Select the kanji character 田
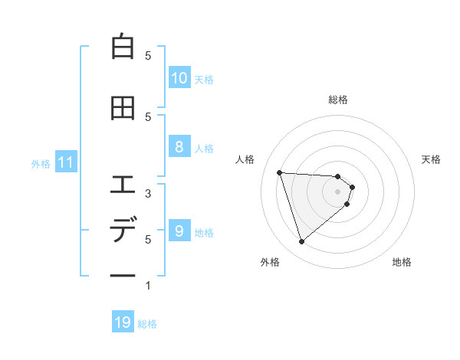[x=123, y=108]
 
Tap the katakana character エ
[x=123, y=185]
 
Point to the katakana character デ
[x=123, y=230]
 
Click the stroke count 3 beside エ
[x=148, y=194]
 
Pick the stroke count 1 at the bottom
[x=148, y=286]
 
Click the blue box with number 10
[x=179, y=78]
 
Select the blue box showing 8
[x=179, y=147]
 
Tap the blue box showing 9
[x=179, y=231]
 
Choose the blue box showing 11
[x=64, y=162]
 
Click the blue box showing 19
[x=123, y=323]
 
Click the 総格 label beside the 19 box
[x=147, y=324]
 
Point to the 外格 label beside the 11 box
[x=41, y=163]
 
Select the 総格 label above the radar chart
[x=338, y=100]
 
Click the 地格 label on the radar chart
[x=402, y=262]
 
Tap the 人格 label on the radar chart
[x=245, y=159]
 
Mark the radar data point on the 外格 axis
[x=301, y=242]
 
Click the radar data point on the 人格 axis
[x=280, y=172]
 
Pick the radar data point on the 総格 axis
[x=337, y=177]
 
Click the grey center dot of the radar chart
[x=337, y=201]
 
